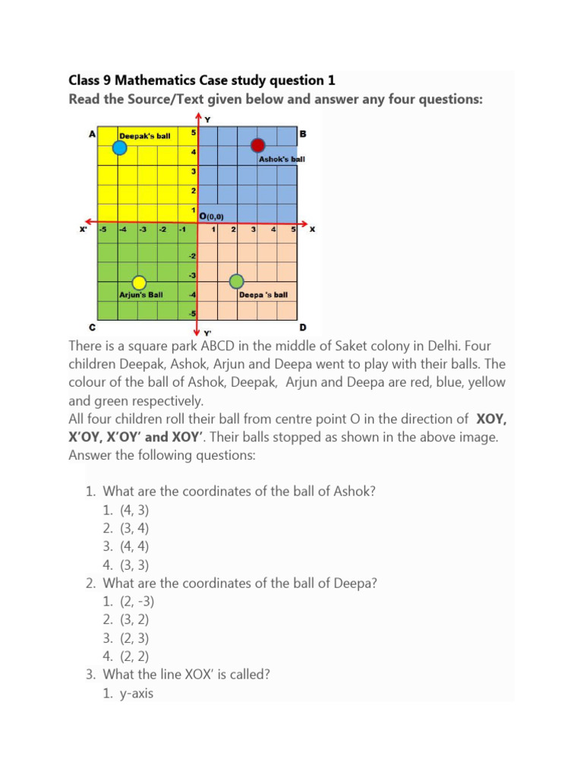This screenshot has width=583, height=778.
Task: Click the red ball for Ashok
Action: click(x=258, y=146)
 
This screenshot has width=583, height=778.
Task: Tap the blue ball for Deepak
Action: click(x=120, y=148)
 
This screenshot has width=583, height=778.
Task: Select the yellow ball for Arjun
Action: click(x=138, y=283)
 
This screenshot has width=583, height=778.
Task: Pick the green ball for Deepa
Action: click(x=237, y=282)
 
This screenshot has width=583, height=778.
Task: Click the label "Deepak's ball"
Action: click(x=145, y=136)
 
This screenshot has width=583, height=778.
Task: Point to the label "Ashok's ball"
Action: click(x=282, y=160)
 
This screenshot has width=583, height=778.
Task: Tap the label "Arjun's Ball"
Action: click(x=141, y=295)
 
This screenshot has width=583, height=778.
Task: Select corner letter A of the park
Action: click(x=92, y=134)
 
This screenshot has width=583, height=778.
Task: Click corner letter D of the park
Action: click(x=302, y=327)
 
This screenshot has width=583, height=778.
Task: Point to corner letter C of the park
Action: click(x=92, y=327)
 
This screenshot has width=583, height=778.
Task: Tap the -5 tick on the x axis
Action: click(x=103, y=229)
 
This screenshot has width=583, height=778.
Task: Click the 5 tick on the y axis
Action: click(x=193, y=133)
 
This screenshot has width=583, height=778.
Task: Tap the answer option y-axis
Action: click(x=137, y=692)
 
